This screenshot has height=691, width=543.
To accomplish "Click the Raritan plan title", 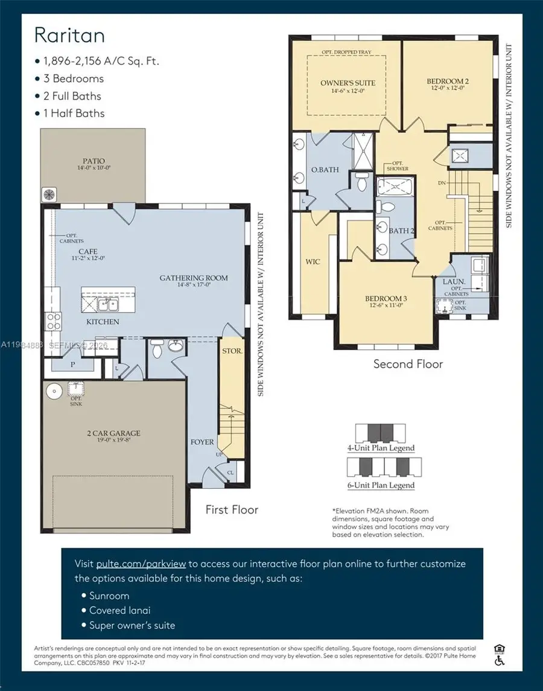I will pos(69,35).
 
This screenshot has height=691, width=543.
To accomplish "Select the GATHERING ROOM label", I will pos(194,278).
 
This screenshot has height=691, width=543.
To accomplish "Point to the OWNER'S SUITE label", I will pos(347,83).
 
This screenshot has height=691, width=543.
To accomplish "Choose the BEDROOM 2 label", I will pos(447,81).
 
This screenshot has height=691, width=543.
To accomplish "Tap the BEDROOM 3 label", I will pos(386,299).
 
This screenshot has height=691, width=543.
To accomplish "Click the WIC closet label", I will pos(313,261).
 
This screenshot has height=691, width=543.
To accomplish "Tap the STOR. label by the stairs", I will pos(232,349).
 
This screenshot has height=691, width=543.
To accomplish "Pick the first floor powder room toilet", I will pos(156,349).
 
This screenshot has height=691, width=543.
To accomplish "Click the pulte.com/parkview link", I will pos(141,564).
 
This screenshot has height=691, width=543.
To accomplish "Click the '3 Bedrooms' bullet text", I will pos(73,78).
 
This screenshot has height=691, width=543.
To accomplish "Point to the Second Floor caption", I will pos(408,364).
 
